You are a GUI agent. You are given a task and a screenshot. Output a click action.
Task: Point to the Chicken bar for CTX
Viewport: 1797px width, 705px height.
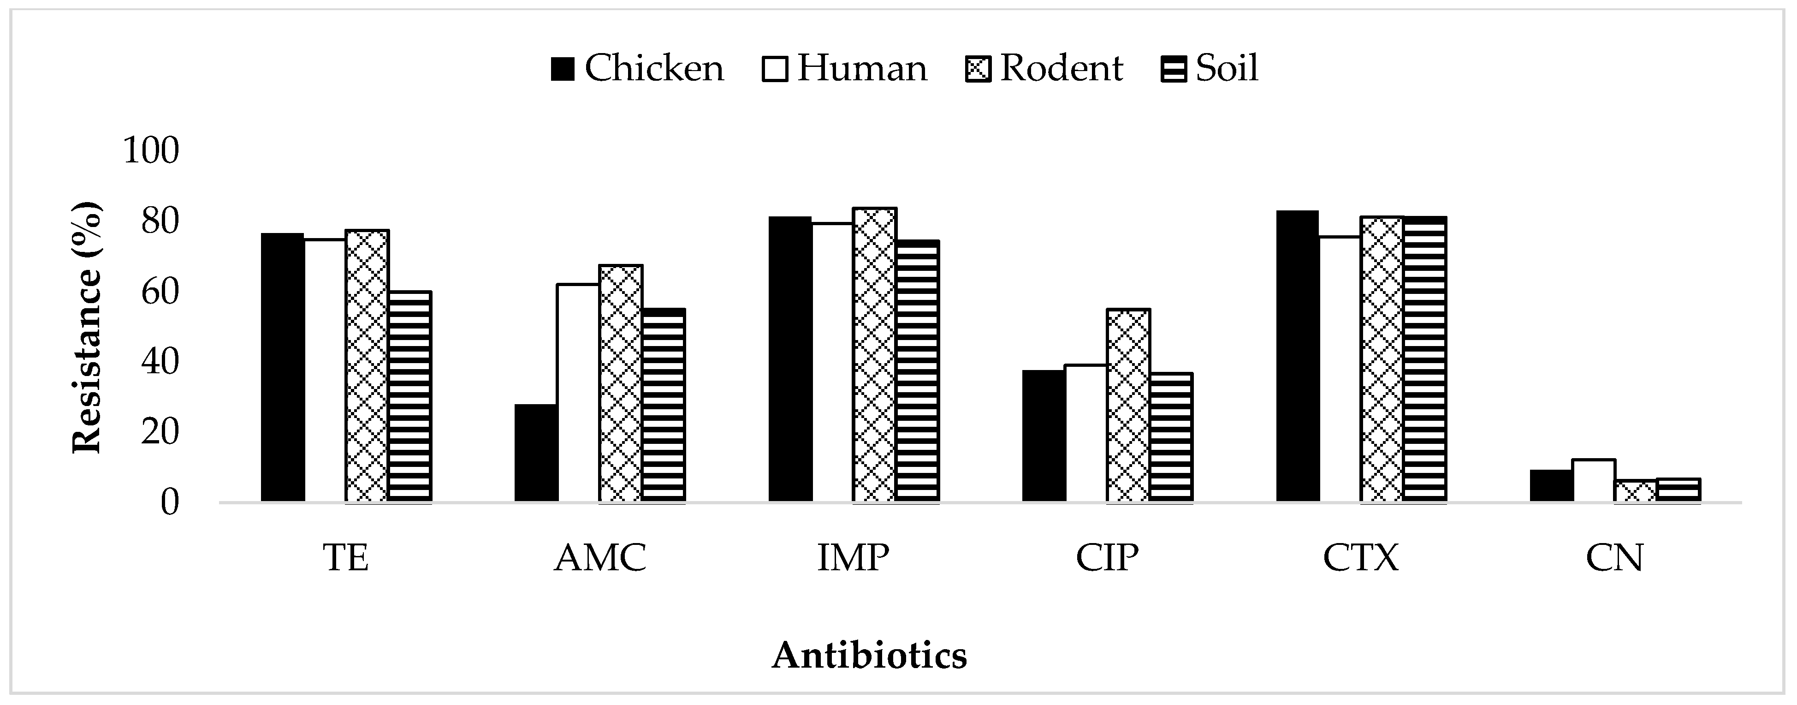coord(1298,356)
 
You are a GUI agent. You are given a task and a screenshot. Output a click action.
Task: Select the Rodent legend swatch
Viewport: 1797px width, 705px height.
coord(978,70)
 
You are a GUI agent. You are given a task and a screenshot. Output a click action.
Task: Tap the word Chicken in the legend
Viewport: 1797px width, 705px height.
coord(654,68)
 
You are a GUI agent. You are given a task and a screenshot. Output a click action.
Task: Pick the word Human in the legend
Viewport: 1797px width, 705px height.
coord(862,68)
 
